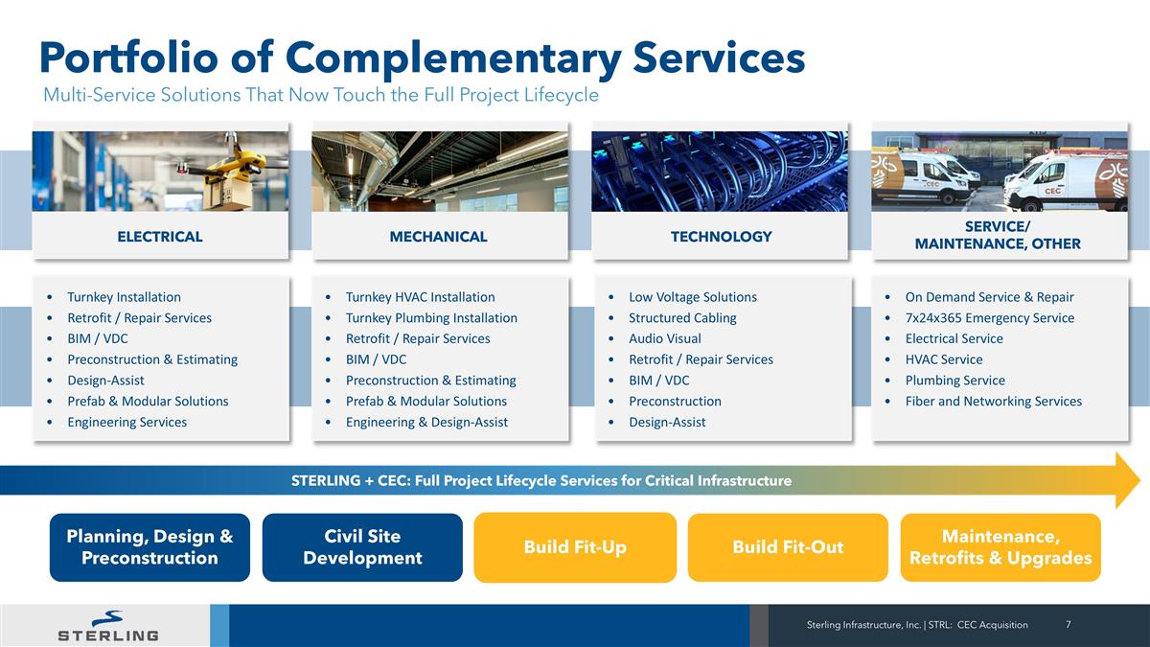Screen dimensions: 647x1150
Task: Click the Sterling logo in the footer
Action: (x=107, y=625)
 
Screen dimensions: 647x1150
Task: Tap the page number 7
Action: (x=1068, y=625)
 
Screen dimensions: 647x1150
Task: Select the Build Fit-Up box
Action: (x=575, y=547)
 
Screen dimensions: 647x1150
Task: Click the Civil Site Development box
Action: (x=362, y=547)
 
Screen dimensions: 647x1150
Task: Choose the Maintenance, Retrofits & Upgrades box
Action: (x=1000, y=547)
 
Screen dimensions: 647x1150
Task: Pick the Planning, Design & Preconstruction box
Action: (x=149, y=547)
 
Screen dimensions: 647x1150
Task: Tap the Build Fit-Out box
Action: (x=788, y=547)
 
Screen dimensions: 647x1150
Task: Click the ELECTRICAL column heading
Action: (x=159, y=237)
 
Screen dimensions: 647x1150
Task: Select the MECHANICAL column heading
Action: (x=438, y=237)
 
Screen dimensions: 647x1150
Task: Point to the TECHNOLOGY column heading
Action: (x=721, y=237)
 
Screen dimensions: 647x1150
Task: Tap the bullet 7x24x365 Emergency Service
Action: (x=989, y=318)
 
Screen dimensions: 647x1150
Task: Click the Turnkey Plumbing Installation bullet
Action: (x=431, y=318)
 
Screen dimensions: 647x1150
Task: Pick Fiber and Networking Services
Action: (x=993, y=402)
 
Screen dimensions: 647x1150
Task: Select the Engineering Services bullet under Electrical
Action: (x=126, y=423)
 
